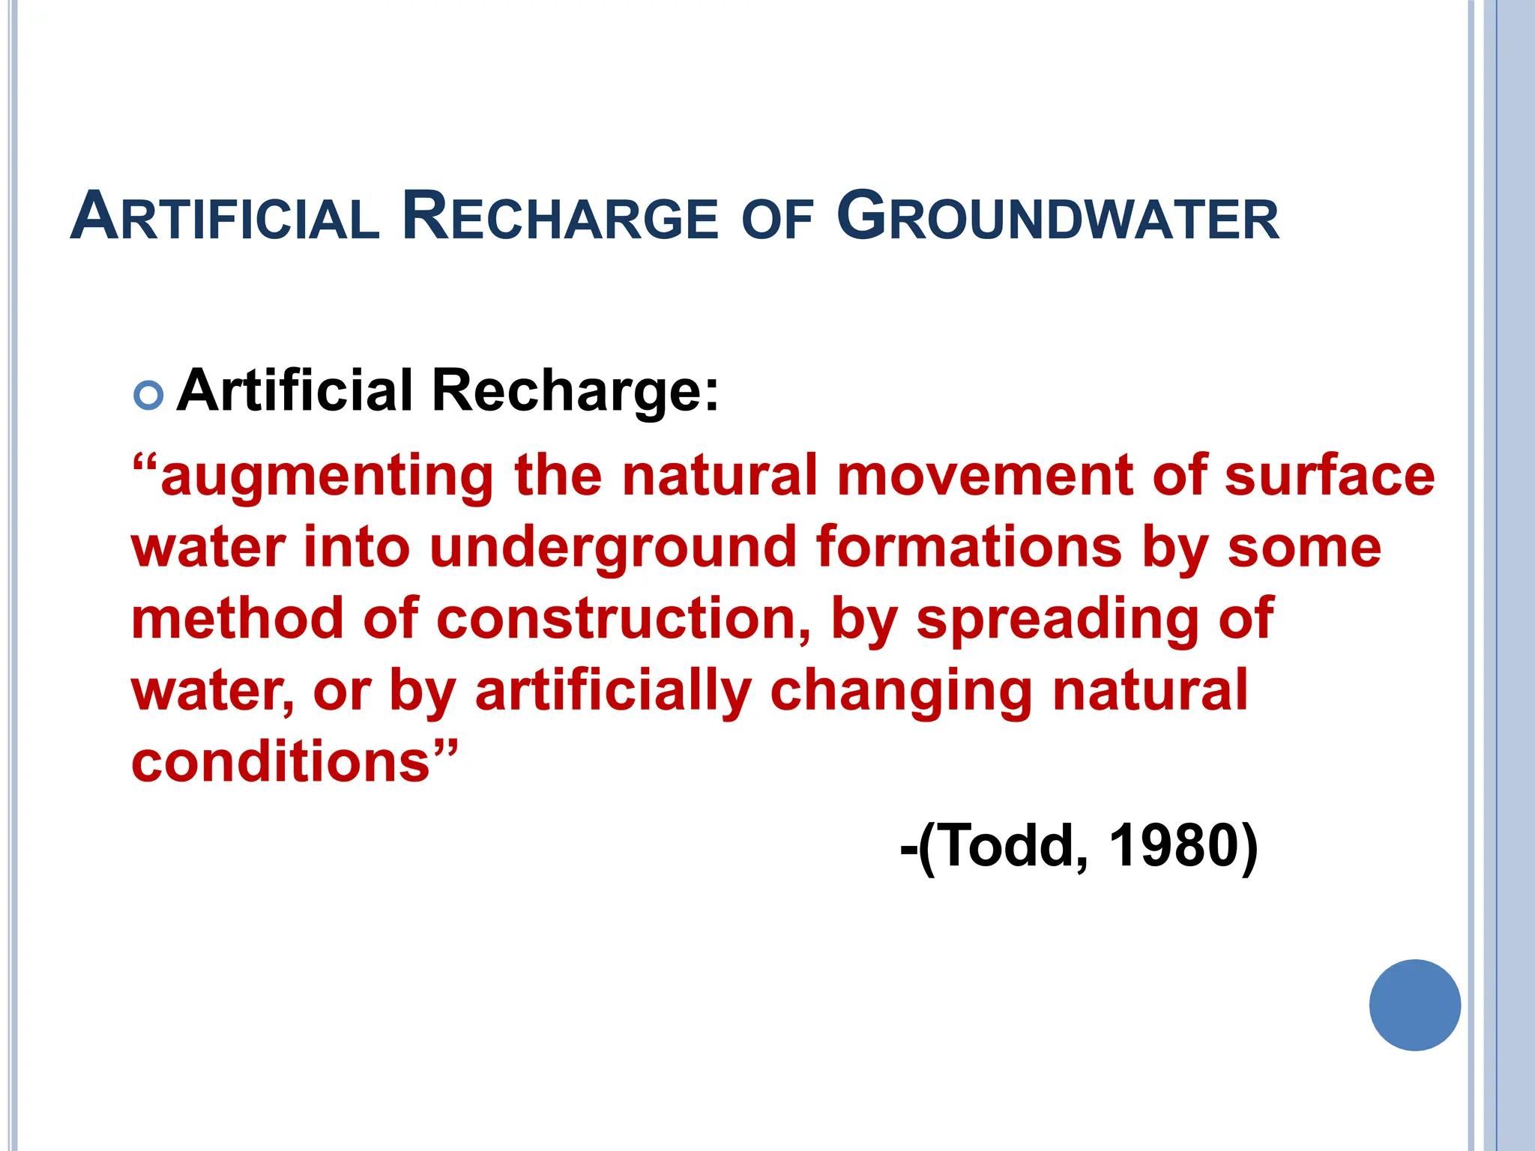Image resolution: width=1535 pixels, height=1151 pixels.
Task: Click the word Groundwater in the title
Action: [x=1058, y=217]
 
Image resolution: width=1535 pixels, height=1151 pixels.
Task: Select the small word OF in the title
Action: [x=776, y=220]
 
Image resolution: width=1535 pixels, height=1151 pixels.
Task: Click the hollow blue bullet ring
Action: [x=148, y=395]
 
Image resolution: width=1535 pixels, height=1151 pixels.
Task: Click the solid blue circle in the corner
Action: [x=1414, y=1005]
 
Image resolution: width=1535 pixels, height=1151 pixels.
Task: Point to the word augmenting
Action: [x=327, y=477]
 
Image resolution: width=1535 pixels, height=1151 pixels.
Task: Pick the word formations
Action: [x=968, y=546]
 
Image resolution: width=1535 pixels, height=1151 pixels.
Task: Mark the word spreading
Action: [x=1057, y=620]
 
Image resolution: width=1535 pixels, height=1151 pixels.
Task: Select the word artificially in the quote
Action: [x=613, y=692]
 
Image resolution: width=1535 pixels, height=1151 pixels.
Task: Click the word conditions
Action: [x=281, y=761]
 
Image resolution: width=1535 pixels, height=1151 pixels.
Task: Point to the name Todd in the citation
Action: [x=1008, y=845]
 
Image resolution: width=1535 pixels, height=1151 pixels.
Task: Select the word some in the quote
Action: [x=1304, y=548]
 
